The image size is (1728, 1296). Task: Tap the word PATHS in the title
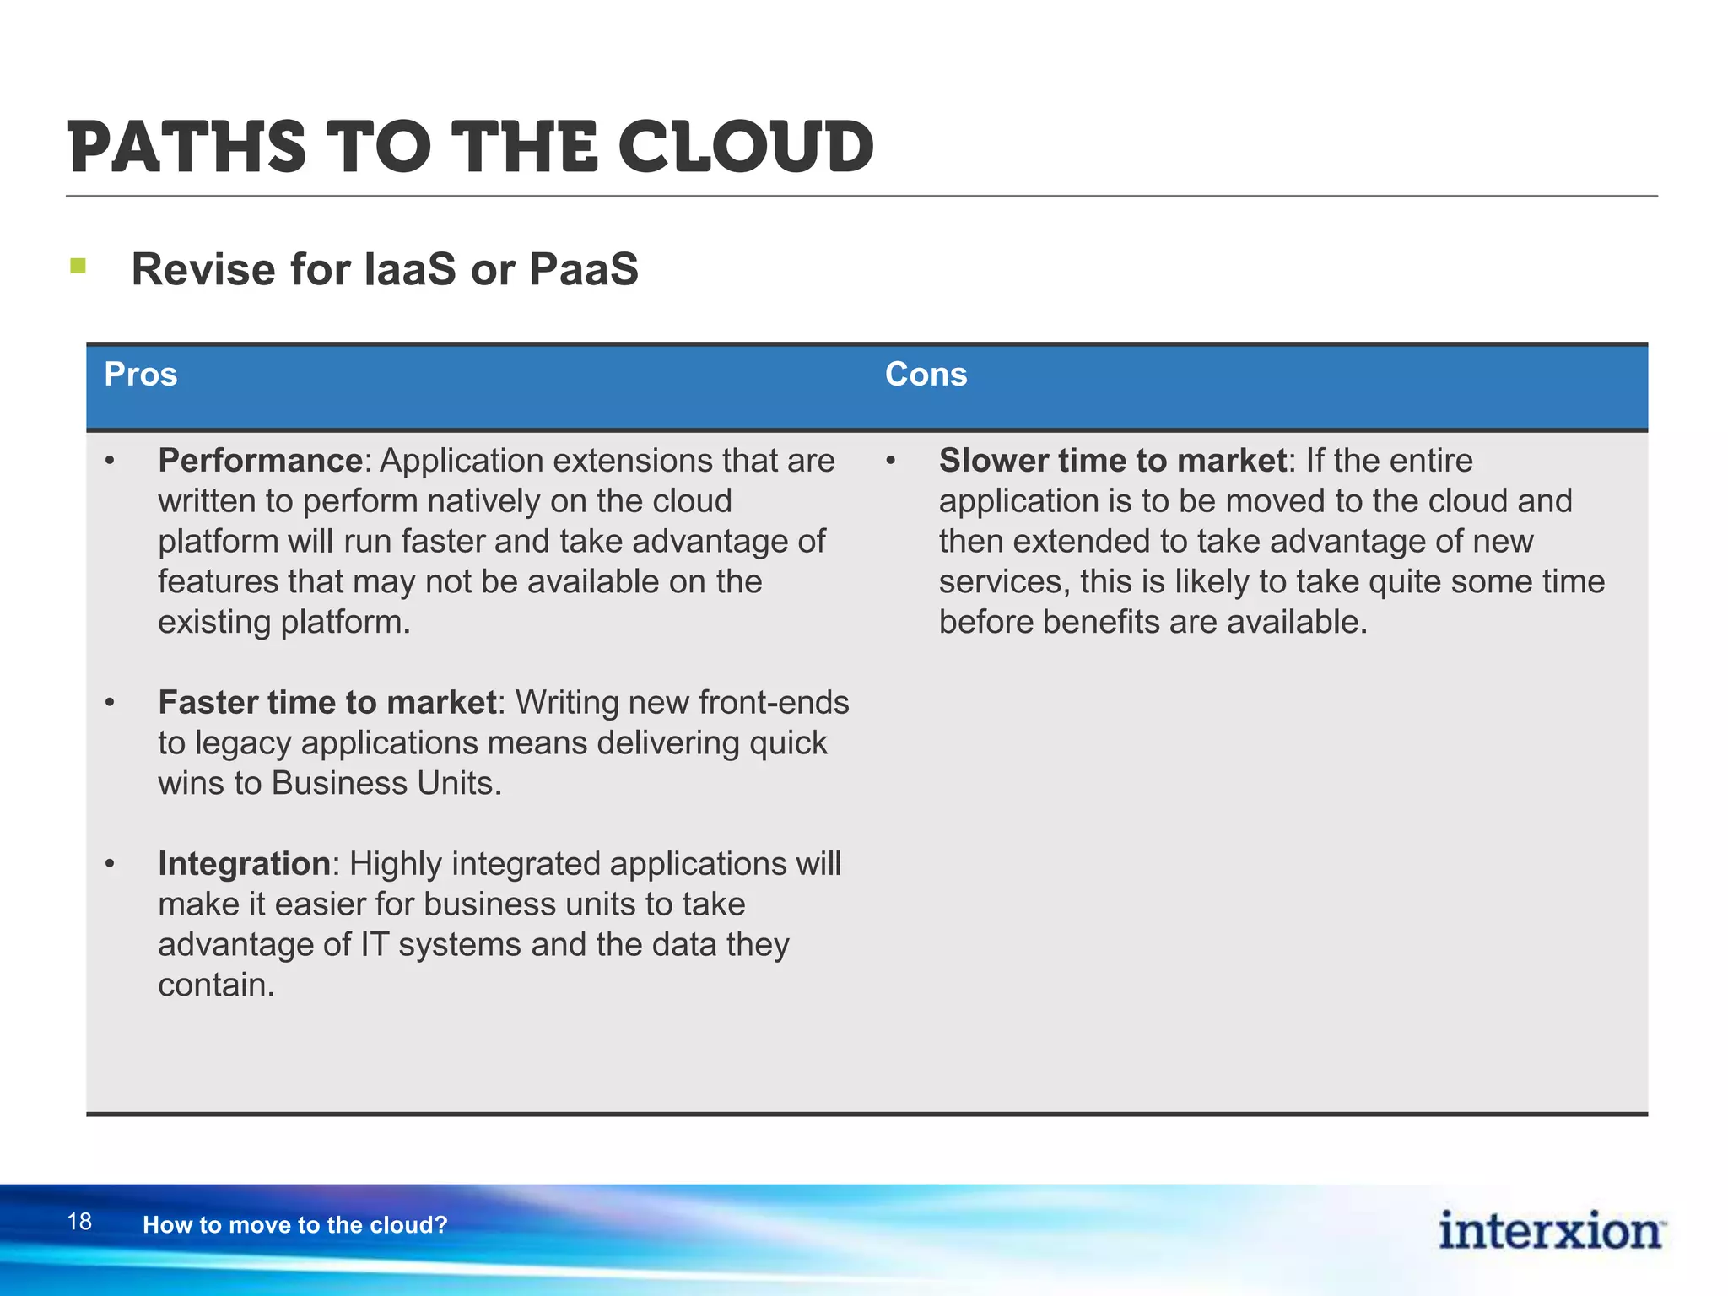click(187, 148)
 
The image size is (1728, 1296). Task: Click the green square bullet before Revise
click(78, 267)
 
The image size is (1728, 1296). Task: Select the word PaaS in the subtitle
click(583, 270)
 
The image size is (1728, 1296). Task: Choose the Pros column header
click(140, 375)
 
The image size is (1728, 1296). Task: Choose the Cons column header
click(926, 375)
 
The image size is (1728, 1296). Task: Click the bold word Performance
click(260, 461)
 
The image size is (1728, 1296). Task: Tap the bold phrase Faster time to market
click(327, 703)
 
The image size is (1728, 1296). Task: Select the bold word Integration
click(244, 864)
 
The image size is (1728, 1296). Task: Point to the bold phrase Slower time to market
click(1112, 461)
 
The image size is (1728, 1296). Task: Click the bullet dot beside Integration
click(110, 865)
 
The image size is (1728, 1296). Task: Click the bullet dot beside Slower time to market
click(890, 462)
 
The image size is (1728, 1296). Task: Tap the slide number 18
click(79, 1222)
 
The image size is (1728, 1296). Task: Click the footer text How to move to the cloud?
click(294, 1225)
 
